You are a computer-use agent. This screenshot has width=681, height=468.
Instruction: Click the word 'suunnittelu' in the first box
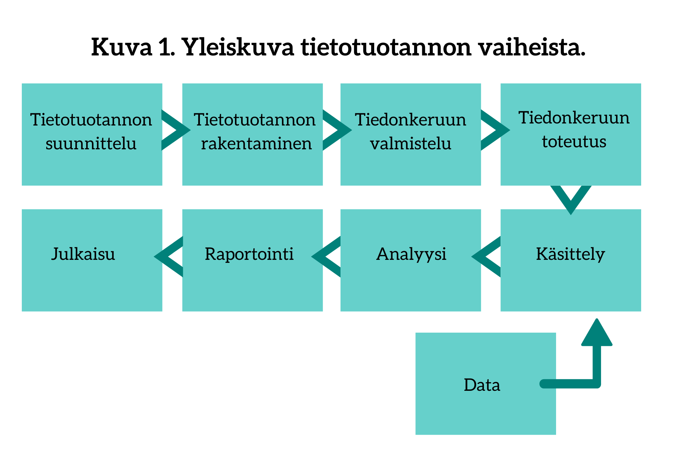(91, 143)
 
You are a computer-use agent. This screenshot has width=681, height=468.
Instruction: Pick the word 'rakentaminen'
(256, 143)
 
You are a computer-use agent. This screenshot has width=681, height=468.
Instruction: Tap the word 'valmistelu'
(411, 143)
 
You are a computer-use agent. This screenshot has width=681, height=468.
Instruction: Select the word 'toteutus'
(574, 141)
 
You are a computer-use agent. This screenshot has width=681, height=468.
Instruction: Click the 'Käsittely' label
(570, 254)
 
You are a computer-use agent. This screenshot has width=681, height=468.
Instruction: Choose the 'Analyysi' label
(411, 254)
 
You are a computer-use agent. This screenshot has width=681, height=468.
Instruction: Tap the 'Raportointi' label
(249, 254)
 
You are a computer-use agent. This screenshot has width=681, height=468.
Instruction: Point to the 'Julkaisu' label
(83, 254)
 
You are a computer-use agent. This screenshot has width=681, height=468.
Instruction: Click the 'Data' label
(482, 385)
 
